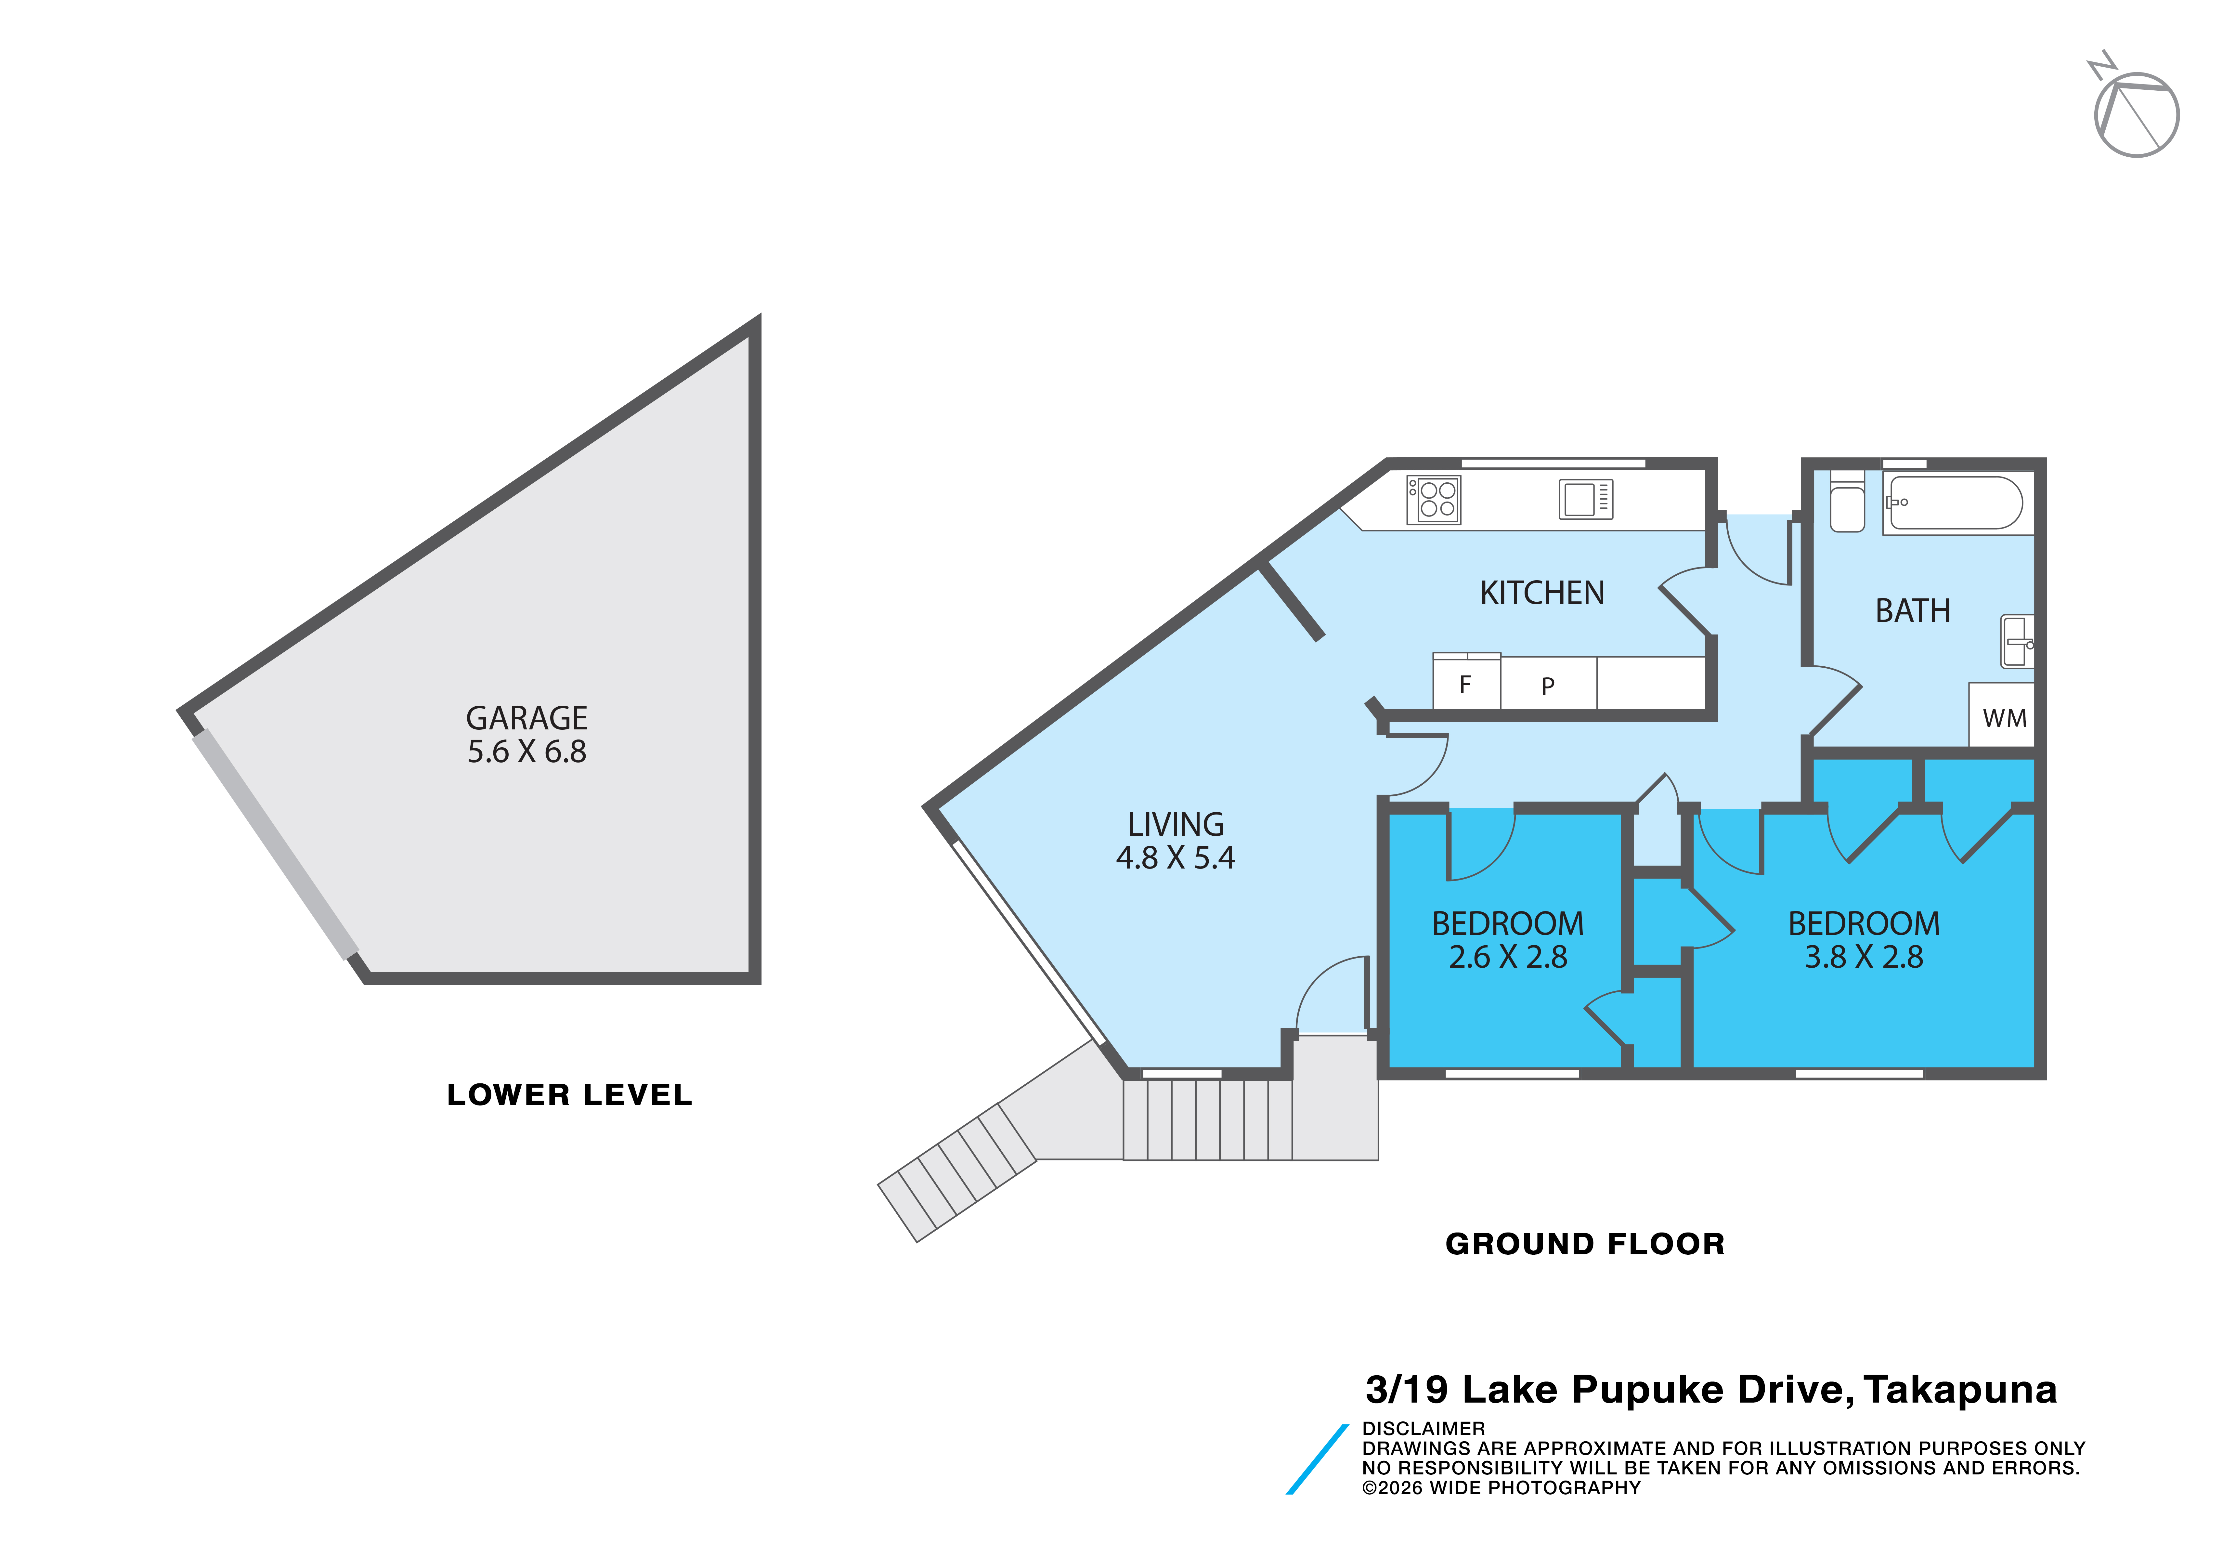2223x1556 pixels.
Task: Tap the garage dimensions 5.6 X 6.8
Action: [x=527, y=752]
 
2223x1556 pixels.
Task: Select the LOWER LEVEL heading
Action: [x=569, y=1095]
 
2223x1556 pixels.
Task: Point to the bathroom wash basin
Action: [x=2018, y=641]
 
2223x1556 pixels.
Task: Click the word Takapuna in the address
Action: [x=1961, y=1391]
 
